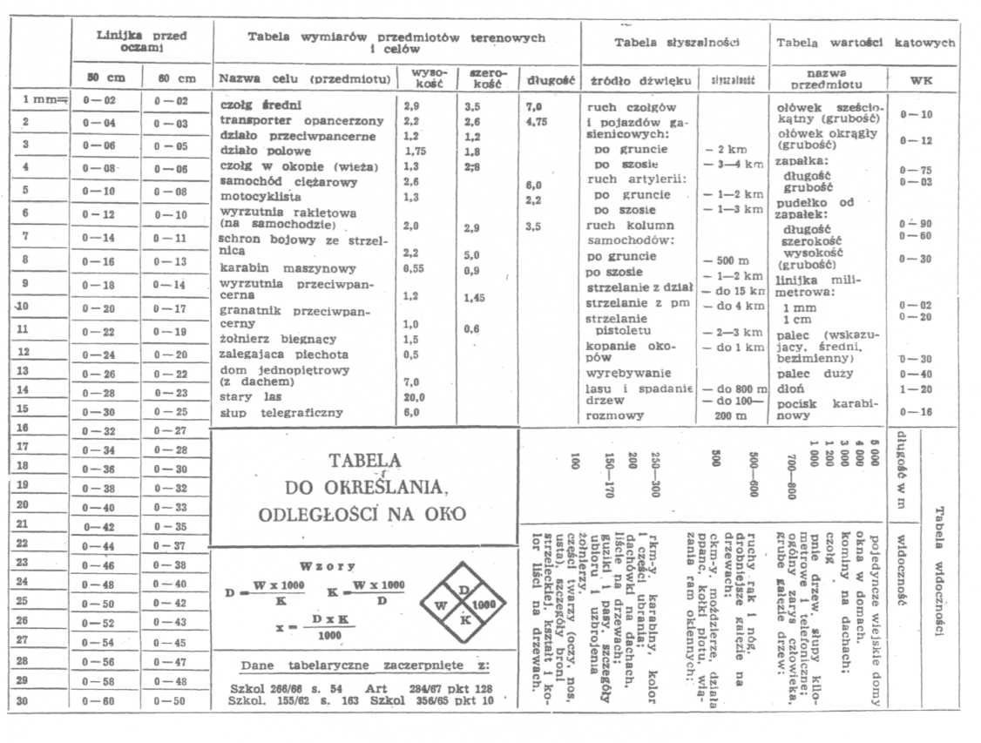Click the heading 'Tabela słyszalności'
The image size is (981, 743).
[x=677, y=43]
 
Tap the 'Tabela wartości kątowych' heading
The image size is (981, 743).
[x=864, y=43]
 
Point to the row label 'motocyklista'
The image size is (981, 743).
[x=256, y=197]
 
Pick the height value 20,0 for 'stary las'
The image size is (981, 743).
[x=412, y=397]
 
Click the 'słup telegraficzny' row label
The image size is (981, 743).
[x=281, y=413]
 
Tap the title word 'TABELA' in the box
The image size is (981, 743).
[x=364, y=461]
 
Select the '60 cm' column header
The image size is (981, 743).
[x=176, y=78]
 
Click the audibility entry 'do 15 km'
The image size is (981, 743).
[x=734, y=289]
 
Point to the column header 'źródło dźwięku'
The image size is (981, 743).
[x=639, y=81]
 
